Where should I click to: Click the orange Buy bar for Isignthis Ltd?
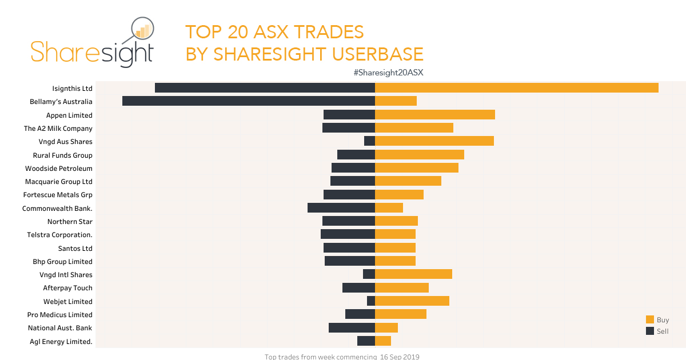(x=516, y=88)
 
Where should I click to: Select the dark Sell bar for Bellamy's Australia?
(x=249, y=101)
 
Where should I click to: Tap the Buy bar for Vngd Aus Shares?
(x=434, y=141)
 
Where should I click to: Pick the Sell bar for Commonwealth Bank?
(x=341, y=208)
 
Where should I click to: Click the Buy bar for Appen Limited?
(x=434, y=115)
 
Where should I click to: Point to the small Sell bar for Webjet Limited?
(x=371, y=301)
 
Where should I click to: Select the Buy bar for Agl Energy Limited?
(x=383, y=341)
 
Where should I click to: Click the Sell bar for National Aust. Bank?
(x=352, y=328)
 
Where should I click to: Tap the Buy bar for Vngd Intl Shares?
(x=413, y=274)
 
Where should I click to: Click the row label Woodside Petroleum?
(x=58, y=169)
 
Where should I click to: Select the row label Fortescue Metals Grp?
(x=57, y=195)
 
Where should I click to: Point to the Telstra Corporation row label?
(x=59, y=235)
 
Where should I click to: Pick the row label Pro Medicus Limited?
(x=59, y=315)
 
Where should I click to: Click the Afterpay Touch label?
(x=67, y=288)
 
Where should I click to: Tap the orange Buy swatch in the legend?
(x=650, y=320)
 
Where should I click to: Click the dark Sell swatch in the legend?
(x=650, y=331)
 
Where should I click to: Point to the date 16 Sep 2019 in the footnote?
(x=400, y=357)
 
